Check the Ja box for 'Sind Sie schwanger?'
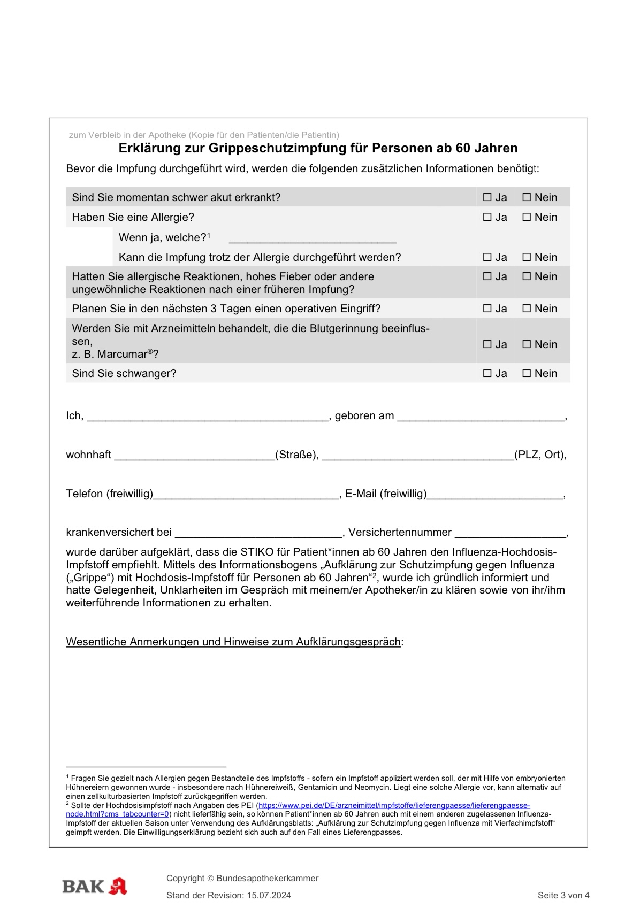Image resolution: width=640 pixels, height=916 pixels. [487, 373]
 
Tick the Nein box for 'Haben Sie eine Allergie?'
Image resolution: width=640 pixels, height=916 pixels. [527, 217]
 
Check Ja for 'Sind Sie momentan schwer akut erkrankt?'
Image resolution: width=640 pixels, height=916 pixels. [487, 197]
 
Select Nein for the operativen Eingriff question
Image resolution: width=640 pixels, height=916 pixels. [527, 309]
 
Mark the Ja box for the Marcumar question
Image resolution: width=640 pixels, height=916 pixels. [487, 344]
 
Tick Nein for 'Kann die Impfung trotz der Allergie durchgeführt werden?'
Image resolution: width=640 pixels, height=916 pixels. [527, 257]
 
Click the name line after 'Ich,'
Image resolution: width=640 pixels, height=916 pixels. [208, 417]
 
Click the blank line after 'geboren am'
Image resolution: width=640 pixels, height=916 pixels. [481, 417]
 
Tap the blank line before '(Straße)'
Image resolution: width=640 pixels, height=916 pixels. [194, 456]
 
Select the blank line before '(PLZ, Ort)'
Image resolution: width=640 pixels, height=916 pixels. [417, 456]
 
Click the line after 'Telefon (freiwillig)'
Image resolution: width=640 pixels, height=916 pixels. [246, 495]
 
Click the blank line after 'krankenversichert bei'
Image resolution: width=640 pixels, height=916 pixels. [258, 534]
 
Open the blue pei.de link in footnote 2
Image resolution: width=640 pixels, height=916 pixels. [394, 805]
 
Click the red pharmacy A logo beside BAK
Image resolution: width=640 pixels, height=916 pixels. [118, 887]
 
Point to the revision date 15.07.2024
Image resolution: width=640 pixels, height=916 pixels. [269, 896]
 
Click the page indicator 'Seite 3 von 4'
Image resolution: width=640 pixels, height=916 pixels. [563, 896]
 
